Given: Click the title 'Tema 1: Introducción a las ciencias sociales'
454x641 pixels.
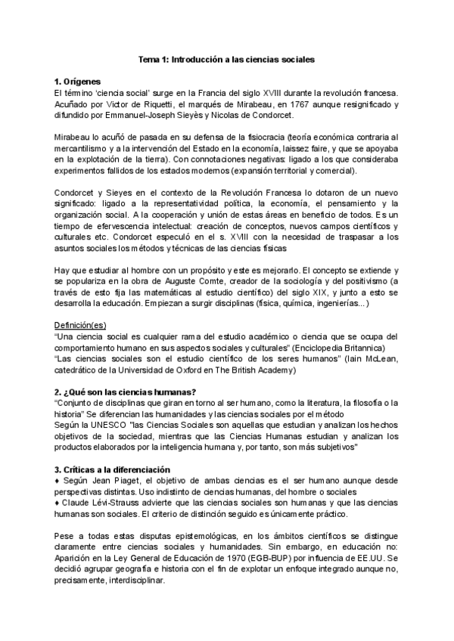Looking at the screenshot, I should (x=227, y=57).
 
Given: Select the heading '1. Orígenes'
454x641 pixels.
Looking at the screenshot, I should (x=78, y=82).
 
